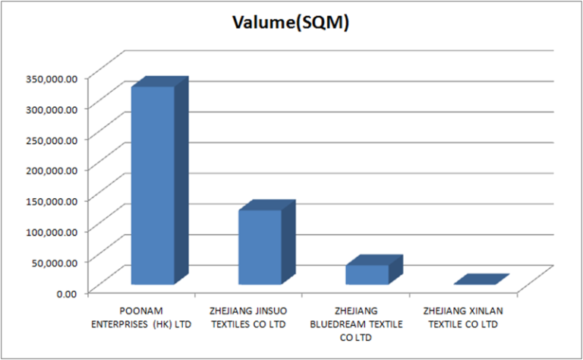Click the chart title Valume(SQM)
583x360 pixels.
291,24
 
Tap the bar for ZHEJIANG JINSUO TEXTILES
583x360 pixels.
260,247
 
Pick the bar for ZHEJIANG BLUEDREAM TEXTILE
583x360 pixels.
367,274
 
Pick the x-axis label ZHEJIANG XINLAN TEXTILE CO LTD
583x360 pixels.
463,317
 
